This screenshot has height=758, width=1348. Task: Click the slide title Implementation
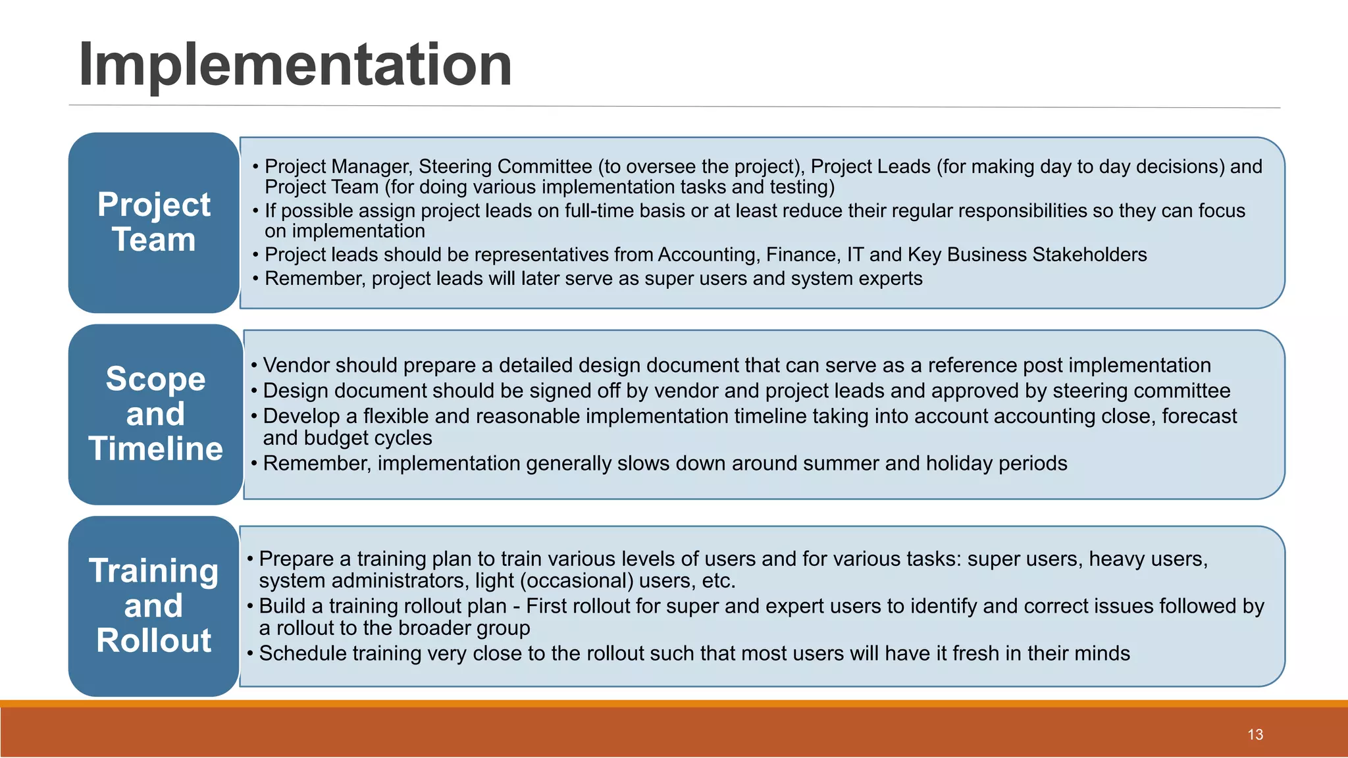point(295,64)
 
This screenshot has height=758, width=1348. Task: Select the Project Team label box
point(154,222)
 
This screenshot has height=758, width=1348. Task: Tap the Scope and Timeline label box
point(156,414)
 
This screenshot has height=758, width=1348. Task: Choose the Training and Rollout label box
point(154,605)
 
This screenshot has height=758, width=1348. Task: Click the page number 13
point(1255,734)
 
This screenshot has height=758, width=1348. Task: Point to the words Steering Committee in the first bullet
point(505,166)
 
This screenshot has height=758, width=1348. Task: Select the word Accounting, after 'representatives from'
point(700,255)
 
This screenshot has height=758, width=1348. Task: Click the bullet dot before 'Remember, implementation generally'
point(254,463)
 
